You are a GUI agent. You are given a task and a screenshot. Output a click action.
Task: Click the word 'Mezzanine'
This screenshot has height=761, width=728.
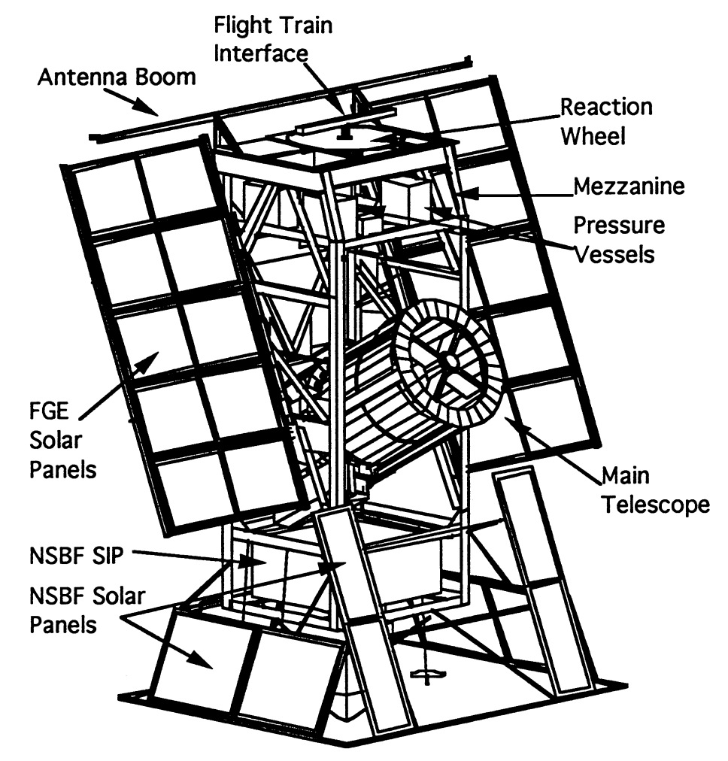point(629,186)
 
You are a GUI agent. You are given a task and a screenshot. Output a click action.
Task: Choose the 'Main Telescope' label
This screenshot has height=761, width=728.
point(654,490)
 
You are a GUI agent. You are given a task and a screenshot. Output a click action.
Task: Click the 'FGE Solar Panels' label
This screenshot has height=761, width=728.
point(59,441)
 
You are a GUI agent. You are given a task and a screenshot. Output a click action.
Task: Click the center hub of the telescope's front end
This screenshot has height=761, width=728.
point(449,360)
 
